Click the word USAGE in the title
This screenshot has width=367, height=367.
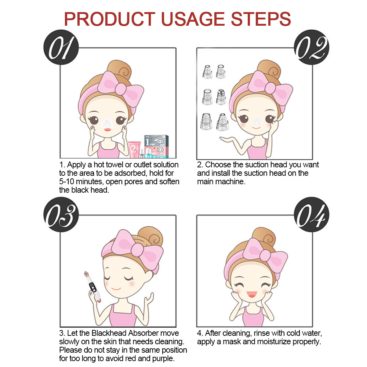click(193, 19)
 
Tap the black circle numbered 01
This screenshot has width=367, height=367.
click(61, 47)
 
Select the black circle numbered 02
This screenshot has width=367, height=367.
click(312, 47)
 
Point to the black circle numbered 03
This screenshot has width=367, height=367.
click(61, 214)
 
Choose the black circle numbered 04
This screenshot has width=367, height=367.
click(312, 214)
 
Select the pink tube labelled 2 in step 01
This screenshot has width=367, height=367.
click(134, 149)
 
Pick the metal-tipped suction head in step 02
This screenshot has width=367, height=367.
click(221, 97)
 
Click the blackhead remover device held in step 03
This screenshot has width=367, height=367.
click(93, 286)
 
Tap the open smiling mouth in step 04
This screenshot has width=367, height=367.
click(252, 294)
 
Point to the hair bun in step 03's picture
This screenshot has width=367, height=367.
click(150, 237)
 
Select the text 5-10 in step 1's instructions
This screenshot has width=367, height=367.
click(67, 182)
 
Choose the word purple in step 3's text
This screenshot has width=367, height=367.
click(163, 358)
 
